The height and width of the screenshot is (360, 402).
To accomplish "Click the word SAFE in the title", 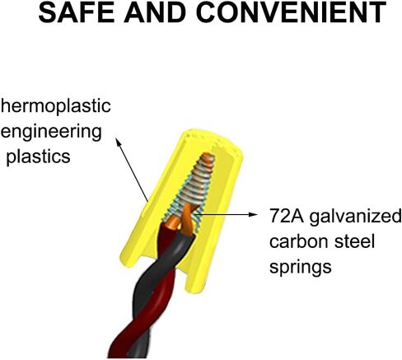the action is pyautogui.click(x=76, y=12).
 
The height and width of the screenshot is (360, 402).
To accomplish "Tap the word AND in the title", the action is pyautogui.click(x=155, y=12).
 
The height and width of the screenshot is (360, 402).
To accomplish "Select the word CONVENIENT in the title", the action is pyautogui.click(x=292, y=12).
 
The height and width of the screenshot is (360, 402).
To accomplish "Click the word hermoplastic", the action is pyautogui.click(x=55, y=106).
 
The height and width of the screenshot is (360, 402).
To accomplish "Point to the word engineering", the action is pyautogui.click(x=51, y=132).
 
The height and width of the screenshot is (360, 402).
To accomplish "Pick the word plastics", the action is pyautogui.click(x=38, y=157).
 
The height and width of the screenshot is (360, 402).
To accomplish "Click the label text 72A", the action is pyautogui.click(x=287, y=216).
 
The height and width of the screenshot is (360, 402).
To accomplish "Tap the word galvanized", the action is pyautogui.click(x=356, y=217).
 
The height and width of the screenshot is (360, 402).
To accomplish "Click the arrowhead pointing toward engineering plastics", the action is pyautogui.click(x=118, y=142).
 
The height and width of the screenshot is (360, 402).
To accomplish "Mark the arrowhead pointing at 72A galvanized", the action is pyautogui.click(x=253, y=214).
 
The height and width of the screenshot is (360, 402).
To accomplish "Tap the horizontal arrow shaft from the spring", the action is pyautogui.click(x=224, y=214).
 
